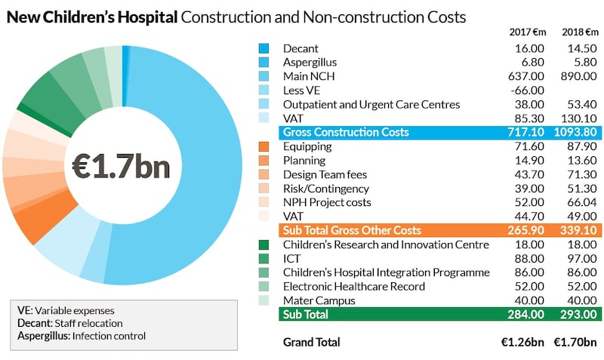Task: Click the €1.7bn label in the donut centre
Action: pyautogui.click(x=121, y=165)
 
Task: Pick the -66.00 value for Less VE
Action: pyautogui.click(x=525, y=91)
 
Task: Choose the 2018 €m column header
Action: pyautogui.click(x=577, y=32)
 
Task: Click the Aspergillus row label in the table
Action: pyautogui.click(x=310, y=62)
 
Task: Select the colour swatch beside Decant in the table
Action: pyautogui.click(x=263, y=48)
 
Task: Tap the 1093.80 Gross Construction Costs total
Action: pyautogui.click(x=575, y=132)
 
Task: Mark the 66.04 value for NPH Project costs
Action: pyautogui.click(x=577, y=202)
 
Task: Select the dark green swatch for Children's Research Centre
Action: pyautogui.click(x=263, y=245)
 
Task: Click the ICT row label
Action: pyautogui.click(x=291, y=258)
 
